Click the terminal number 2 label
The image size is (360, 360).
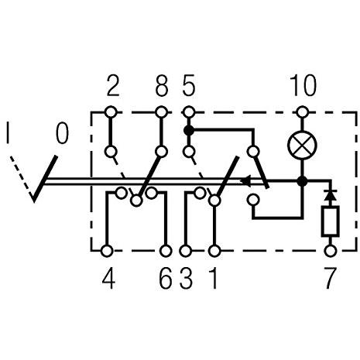(113, 85)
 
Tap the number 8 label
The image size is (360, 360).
(162, 85)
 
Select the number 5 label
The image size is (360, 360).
(189, 85)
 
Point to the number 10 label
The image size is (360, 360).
(303, 85)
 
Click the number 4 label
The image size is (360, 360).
(108, 279)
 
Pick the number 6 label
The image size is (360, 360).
(166, 279)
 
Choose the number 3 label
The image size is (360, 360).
(187, 279)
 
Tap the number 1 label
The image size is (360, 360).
(213, 279)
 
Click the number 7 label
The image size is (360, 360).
(330, 279)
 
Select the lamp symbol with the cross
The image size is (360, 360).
(302, 145)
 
